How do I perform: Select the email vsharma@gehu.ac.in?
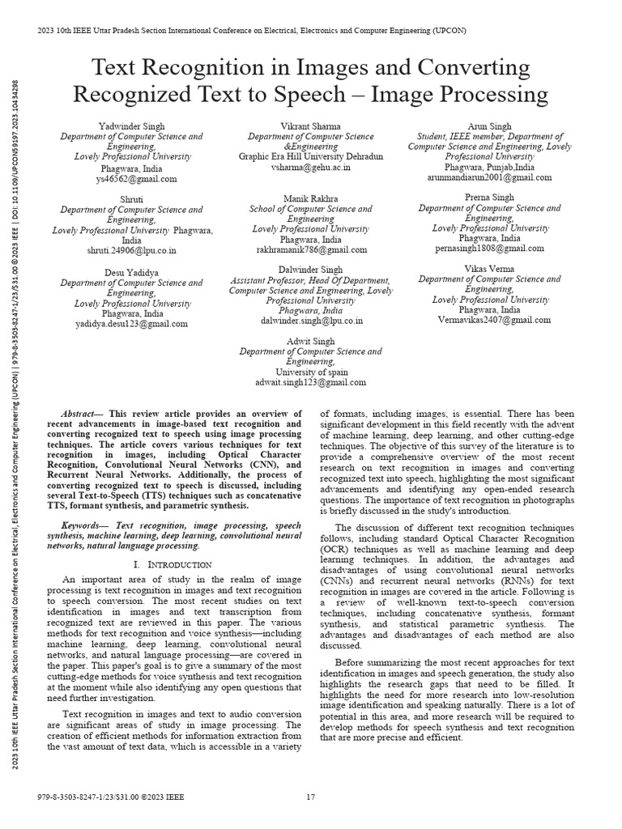click(311, 167)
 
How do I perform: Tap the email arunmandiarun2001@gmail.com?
click(489, 177)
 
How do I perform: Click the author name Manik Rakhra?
click(311, 198)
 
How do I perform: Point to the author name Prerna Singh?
click(489, 198)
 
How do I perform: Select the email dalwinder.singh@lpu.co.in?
click(311, 321)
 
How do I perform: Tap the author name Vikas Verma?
click(489, 268)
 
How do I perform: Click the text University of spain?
click(311, 372)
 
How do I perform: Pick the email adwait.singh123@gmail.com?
click(311, 382)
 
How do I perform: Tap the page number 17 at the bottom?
click(310, 797)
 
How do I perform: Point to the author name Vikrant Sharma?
click(311, 126)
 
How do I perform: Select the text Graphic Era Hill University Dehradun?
click(311, 156)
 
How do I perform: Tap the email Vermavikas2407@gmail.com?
click(489, 321)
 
